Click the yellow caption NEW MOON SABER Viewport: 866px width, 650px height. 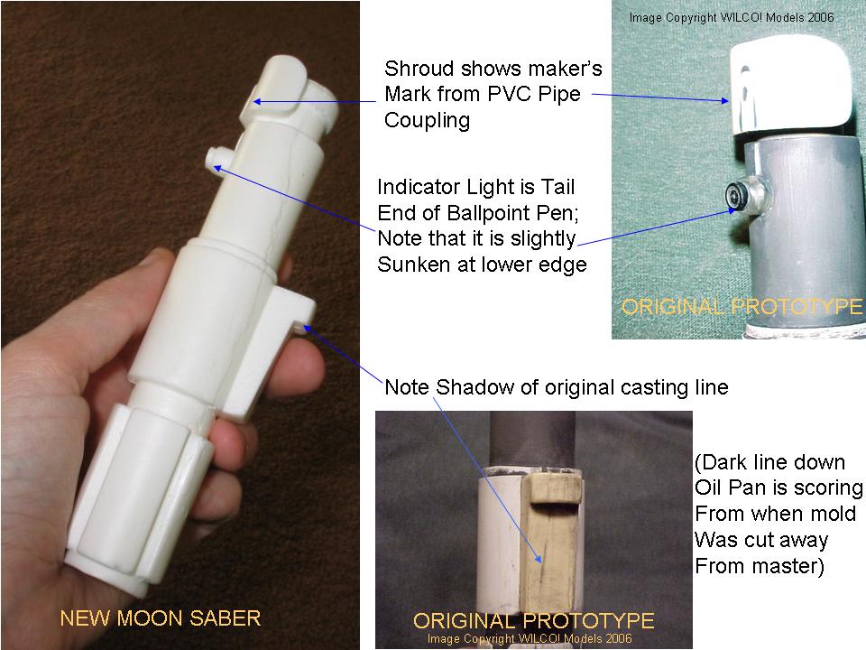[161, 617]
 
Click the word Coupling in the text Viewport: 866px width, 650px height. [427, 120]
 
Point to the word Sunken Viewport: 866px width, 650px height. [414, 265]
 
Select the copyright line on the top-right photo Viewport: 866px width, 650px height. [732, 17]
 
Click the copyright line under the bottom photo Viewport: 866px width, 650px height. [530, 639]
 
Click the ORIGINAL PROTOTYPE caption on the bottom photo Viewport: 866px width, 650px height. [533, 621]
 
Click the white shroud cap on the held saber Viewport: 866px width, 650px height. [273, 88]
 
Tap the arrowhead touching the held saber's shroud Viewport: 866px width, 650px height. [257, 102]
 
